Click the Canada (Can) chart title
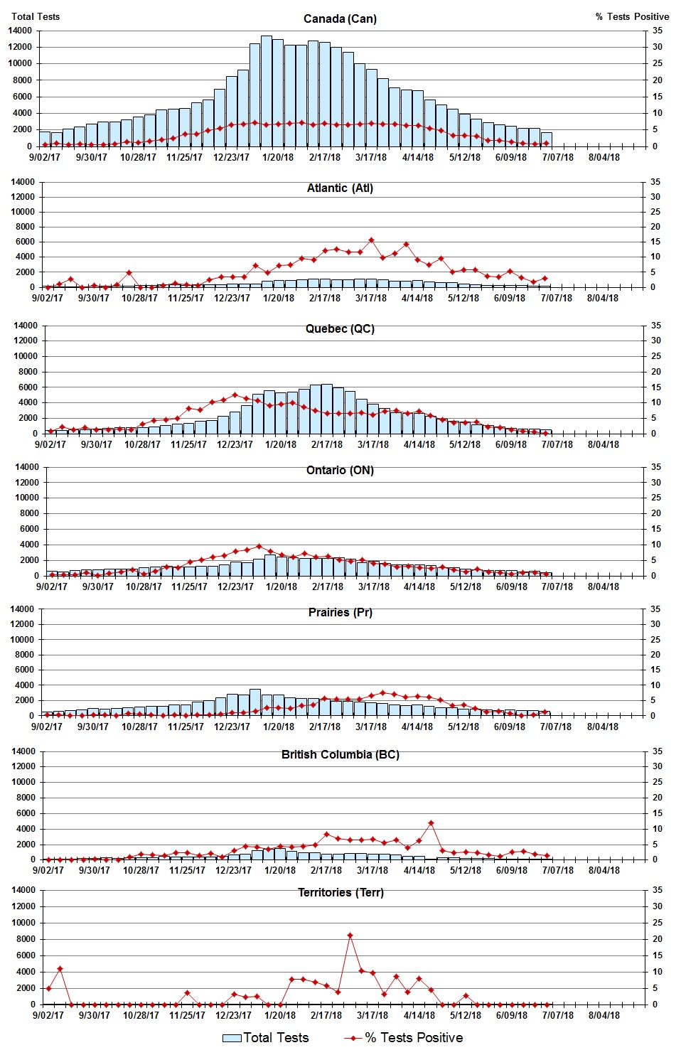[x=340, y=18]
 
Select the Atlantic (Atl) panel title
[x=340, y=188]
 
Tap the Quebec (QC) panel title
[x=340, y=328]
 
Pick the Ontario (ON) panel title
[x=340, y=470]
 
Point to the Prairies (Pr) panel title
[x=340, y=612]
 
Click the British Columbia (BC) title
[x=340, y=754]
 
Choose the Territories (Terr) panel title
[x=340, y=892]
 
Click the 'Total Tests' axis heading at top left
[x=36, y=16]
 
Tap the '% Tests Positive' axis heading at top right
[x=632, y=16]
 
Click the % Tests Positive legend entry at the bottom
[x=403, y=1038]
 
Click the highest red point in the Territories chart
[x=350, y=936]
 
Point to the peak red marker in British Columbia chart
[x=431, y=823]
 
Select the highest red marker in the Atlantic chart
[x=371, y=240]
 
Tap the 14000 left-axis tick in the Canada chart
[x=20, y=31]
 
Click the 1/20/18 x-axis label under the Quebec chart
[x=281, y=444]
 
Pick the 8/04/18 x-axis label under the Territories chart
[x=604, y=1015]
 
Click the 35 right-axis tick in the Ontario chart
[x=657, y=467]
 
